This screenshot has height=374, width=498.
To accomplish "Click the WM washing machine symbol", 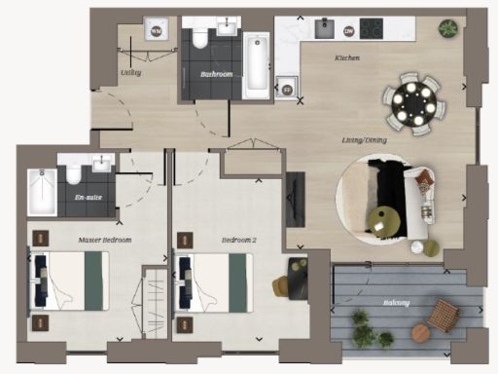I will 156,31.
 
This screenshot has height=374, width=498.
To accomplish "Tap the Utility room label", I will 131,72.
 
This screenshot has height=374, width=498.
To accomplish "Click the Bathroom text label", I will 215,73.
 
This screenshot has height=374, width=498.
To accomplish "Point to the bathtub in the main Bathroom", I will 256,66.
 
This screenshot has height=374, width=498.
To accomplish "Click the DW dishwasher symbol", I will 348,31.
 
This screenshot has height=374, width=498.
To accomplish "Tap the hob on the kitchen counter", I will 372,29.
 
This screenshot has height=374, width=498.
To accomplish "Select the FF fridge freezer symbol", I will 286,90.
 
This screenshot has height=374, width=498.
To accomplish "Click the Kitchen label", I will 347,59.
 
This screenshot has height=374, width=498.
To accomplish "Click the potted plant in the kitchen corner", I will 447,29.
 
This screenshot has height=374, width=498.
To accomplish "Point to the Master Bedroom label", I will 104,239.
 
